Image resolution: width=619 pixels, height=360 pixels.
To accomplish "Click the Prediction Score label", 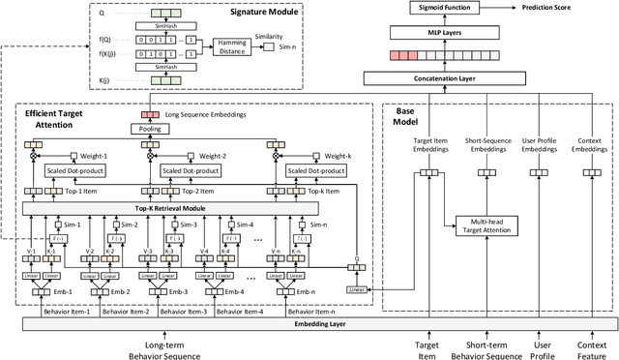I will [x=574, y=7].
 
